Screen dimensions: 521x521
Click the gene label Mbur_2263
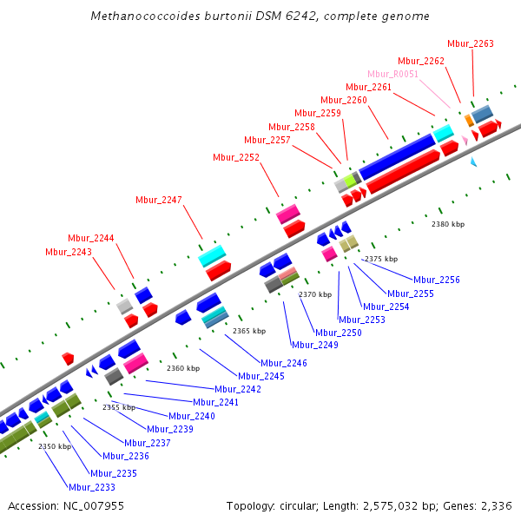point(471,43)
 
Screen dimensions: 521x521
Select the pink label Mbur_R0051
point(392,74)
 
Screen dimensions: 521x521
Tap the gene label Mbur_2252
point(236,157)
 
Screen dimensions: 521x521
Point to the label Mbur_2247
point(159,200)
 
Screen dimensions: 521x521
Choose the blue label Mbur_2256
point(437,280)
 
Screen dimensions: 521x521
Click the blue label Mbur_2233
point(92,487)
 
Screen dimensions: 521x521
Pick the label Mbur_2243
point(68,252)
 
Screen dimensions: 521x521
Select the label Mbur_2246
point(285,363)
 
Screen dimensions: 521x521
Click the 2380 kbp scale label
point(448,224)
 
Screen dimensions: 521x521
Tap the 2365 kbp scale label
point(248,331)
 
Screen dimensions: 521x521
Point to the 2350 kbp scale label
point(54,446)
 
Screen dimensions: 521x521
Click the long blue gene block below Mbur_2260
point(397,155)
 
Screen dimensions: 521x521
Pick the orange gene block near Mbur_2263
point(469,120)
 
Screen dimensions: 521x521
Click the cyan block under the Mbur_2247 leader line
point(213,256)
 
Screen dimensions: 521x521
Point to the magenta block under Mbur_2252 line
point(288,214)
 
